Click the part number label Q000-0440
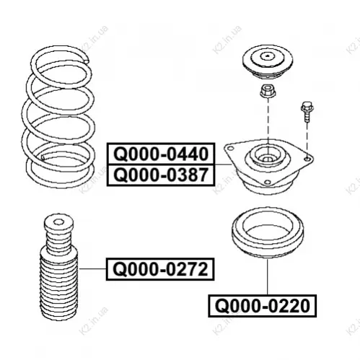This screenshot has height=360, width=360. point(161,154)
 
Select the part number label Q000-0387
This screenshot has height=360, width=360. point(161,175)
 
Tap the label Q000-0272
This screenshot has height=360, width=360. point(160,269)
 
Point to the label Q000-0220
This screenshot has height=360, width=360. point(263,306)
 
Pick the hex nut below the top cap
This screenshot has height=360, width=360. point(268,91)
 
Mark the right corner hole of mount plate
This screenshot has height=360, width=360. point(307,159)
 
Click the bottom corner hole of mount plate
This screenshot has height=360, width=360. point(267,182)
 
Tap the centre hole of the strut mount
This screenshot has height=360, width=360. point(267,159)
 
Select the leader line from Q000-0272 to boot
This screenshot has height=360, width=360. point(92,268)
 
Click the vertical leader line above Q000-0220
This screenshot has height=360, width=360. point(267,276)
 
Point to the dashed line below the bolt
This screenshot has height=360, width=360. point(307,139)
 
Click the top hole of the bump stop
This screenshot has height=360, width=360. point(58,221)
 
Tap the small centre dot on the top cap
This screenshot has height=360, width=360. point(268,57)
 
